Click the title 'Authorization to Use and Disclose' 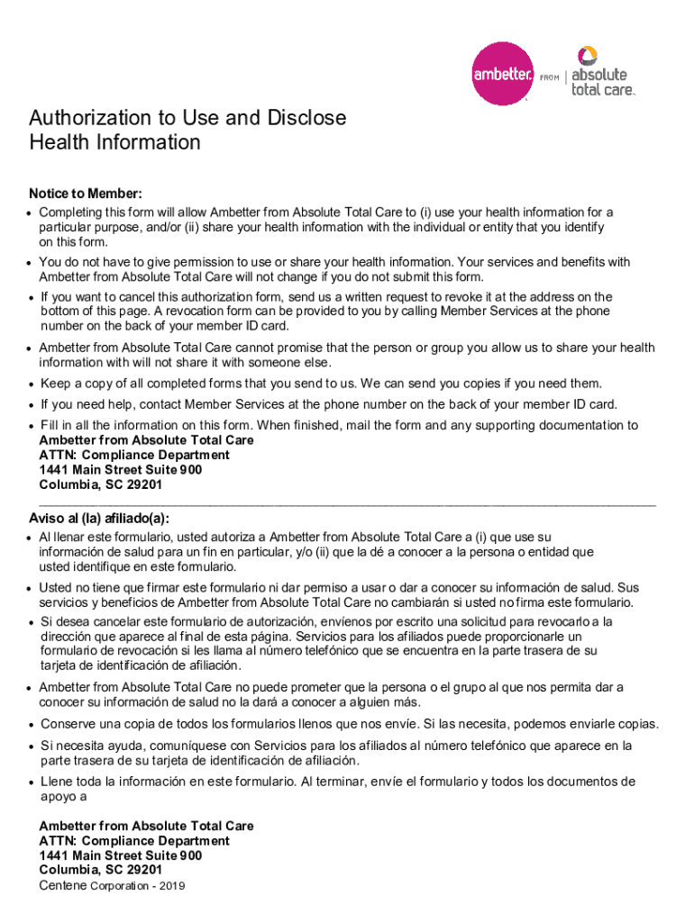[x=187, y=118]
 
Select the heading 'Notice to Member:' [x=86, y=194]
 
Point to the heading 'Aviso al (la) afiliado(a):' [x=99, y=519]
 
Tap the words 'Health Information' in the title [x=114, y=142]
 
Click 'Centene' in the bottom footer [x=63, y=885]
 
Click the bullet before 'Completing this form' [x=31, y=213]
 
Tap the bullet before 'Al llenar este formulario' [x=31, y=538]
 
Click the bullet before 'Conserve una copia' [x=31, y=726]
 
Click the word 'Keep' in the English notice [x=56, y=384]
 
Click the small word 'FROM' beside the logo [x=549, y=78]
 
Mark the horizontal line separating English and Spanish [x=347, y=502]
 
